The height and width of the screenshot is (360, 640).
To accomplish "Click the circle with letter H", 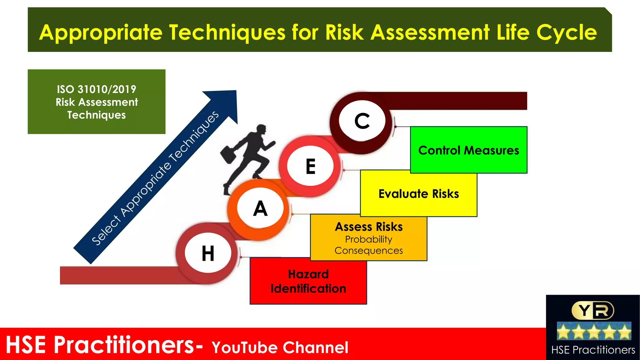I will (208, 253).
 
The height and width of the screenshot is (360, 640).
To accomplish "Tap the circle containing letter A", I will (260, 208).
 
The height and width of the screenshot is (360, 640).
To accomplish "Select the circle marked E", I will (310, 166).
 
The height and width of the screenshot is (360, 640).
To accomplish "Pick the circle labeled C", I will (362, 121).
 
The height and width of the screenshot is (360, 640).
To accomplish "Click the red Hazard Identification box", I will (308, 281).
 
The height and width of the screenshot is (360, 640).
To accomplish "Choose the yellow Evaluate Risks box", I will (419, 194).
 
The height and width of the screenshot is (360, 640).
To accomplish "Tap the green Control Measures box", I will (468, 150).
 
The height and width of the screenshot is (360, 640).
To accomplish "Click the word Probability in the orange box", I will (368, 239).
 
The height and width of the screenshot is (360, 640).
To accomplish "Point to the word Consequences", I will (368, 251).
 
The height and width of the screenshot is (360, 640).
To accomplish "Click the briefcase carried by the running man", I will (228, 154).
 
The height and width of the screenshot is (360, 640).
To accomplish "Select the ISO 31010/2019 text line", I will (96, 89).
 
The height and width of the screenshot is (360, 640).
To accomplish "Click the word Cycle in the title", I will (566, 32).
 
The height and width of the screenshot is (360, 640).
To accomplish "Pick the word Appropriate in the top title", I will (101, 32).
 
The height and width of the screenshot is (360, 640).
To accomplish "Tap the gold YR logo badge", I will (592, 311).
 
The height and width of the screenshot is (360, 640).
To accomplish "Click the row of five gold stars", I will (594, 332).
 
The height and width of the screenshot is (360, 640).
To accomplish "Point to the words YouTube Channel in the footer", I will (280, 347).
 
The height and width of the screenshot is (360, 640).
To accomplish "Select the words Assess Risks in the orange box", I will (368, 227).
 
